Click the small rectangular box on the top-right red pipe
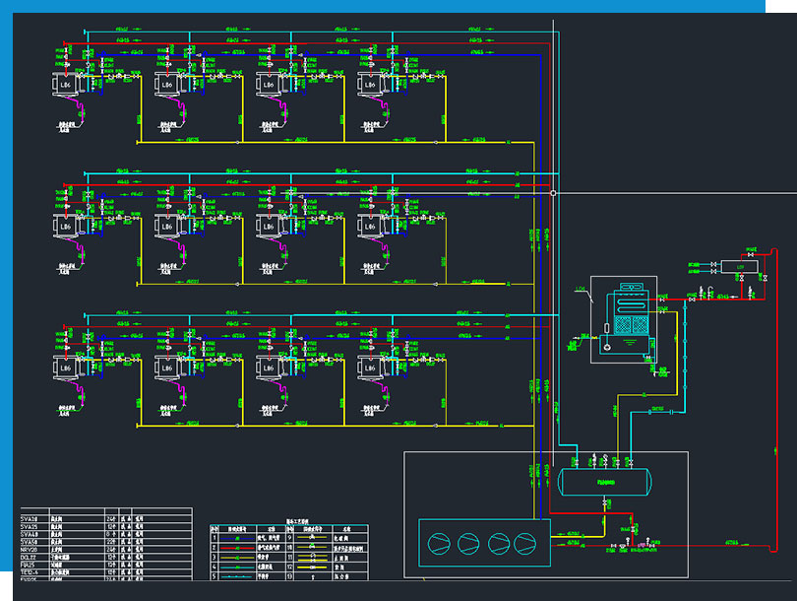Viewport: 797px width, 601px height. click(732, 266)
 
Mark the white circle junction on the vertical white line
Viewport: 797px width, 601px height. click(553, 193)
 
